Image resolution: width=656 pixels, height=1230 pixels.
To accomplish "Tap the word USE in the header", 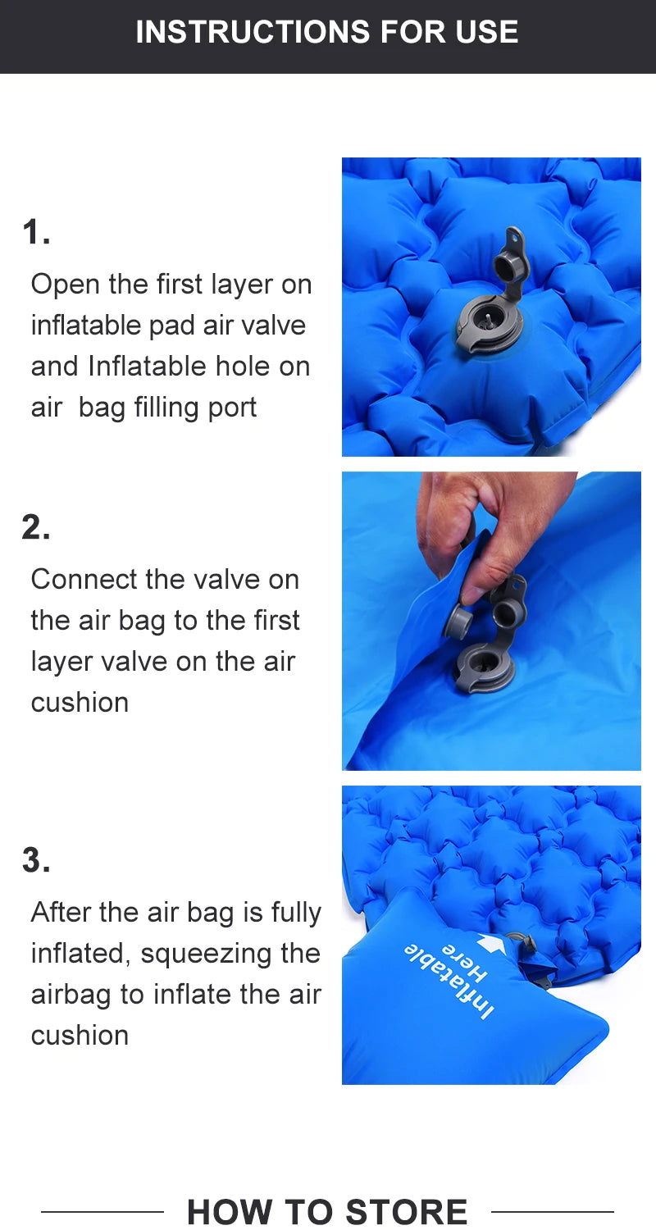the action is click(487, 31).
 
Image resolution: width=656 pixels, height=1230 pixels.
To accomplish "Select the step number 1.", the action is click(36, 232).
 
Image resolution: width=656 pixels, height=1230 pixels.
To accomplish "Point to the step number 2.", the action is click(36, 527).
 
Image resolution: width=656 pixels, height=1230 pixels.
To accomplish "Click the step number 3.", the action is click(36, 860).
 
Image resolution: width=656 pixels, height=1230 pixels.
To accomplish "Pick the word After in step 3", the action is click(61, 912).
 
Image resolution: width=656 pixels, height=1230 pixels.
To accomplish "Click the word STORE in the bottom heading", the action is click(407, 1211).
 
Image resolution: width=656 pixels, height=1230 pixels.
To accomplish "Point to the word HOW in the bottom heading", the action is click(230, 1211).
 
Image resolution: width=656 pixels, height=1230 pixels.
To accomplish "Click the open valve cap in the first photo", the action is click(508, 263).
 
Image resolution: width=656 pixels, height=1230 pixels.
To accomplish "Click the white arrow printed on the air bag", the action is click(493, 942).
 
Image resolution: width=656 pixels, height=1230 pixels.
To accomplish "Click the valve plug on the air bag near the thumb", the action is click(459, 622).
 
